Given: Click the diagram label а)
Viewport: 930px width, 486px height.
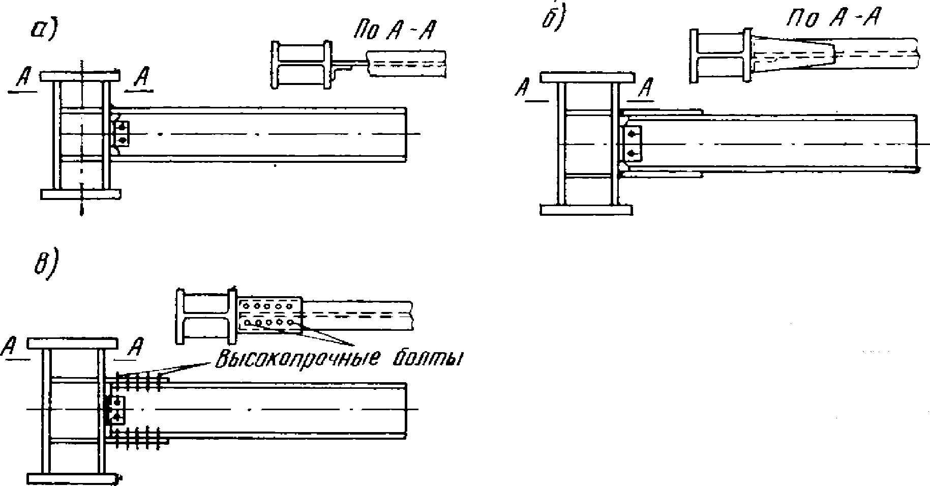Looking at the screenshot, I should click(x=44, y=30).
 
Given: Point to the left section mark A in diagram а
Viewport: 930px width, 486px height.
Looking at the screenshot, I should click(x=22, y=79).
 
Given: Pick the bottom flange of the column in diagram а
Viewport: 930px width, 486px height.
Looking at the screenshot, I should click(x=80, y=194).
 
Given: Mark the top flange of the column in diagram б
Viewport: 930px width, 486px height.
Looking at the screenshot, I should click(x=587, y=78).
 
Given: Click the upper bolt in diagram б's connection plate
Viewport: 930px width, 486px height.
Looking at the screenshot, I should click(x=632, y=134).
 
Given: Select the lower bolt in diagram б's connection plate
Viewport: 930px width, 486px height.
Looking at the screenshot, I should click(x=632, y=153).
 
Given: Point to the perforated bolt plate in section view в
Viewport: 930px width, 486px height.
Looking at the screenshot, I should click(x=270, y=315).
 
